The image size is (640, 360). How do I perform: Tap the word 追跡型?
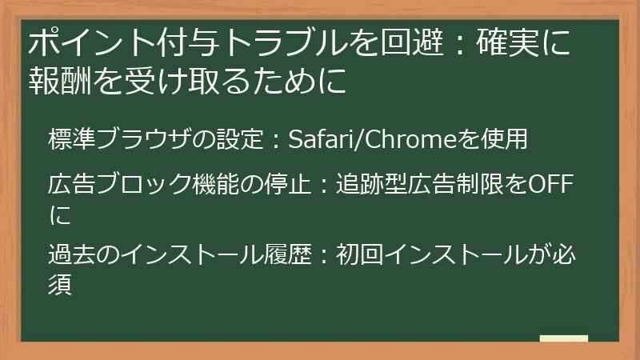click(x=371, y=184)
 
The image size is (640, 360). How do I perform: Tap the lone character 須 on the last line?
click(x=61, y=284)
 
